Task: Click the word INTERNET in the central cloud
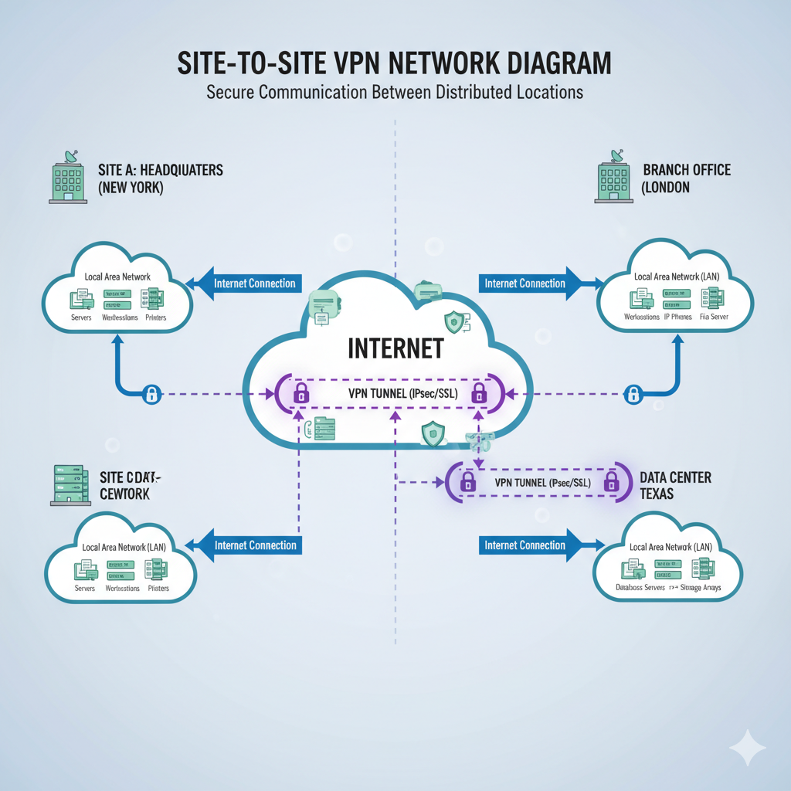coord(395,348)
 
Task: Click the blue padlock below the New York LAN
coord(152,395)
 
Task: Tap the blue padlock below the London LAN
coord(633,395)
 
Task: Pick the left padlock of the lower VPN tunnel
coord(467,483)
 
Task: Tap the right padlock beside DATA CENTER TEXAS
coord(611,483)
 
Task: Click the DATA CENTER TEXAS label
coord(675,485)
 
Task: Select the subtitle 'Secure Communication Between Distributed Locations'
coord(395,93)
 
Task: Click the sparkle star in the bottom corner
coord(747,748)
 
